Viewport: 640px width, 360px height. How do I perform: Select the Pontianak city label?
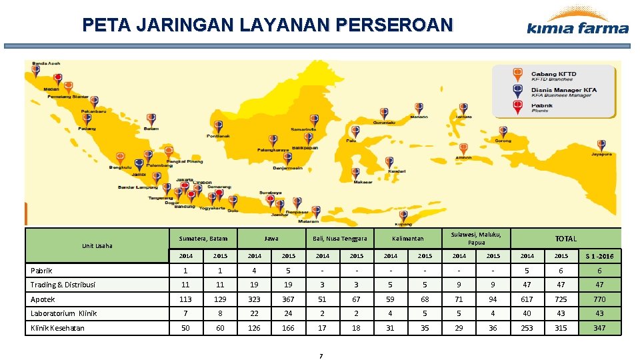(x=218, y=136)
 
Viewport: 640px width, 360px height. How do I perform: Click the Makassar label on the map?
(x=363, y=182)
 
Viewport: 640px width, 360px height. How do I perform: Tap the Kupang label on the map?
(x=403, y=225)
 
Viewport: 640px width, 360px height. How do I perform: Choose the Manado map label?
(x=419, y=117)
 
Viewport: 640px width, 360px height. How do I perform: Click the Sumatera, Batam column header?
(x=203, y=238)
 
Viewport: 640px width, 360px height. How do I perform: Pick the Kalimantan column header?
(x=407, y=238)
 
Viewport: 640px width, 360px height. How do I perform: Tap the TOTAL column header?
(x=566, y=238)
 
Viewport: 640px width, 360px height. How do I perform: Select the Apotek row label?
(x=43, y=299)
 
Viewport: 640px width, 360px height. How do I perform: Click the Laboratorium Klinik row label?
(x=64, y=313)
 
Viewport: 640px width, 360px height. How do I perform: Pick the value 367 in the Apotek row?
(x=288, y=299)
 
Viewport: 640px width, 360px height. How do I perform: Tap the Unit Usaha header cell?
(x=97, y=246)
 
